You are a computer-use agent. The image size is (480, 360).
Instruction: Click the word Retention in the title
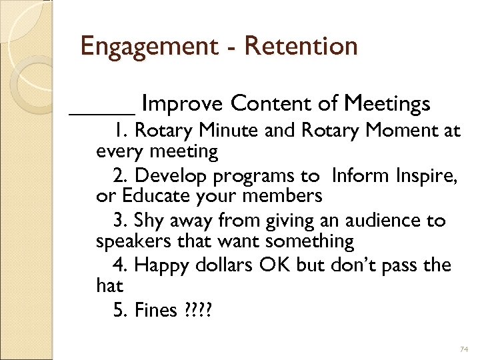coord(301,47)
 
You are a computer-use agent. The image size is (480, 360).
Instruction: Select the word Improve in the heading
coord(183,105)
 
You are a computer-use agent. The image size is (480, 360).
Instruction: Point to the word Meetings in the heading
coord(387,105)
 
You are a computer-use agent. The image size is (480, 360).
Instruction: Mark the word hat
coord(110,285)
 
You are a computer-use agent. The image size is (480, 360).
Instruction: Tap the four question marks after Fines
coord(196,310)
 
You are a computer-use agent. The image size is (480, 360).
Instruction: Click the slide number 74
coord(465,350)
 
